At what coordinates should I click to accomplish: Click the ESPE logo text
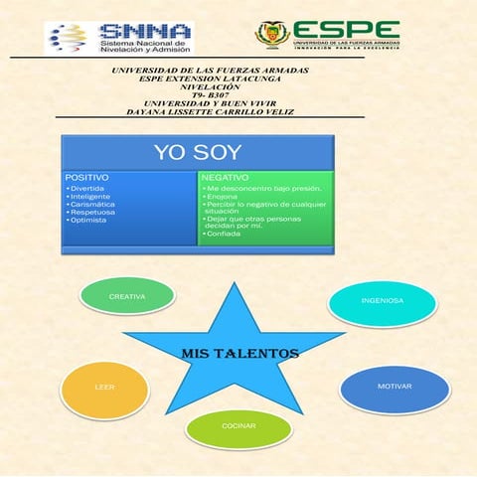[348, 31]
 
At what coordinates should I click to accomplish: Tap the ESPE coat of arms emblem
[272, 34]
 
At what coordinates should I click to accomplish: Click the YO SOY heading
[197, 153]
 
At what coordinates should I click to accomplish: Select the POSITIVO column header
[87, 176]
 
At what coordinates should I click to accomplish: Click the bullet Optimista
[87, 220]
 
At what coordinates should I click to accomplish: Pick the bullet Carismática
[90, 204]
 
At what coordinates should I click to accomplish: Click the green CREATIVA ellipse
[127, 296]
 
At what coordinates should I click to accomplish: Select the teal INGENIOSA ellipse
[382, 301]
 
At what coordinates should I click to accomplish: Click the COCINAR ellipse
[238, 425]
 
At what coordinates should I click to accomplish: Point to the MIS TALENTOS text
[239, 353]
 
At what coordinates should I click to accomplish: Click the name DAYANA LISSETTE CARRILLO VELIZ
[211, 112]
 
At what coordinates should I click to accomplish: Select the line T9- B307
[211, 94]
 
